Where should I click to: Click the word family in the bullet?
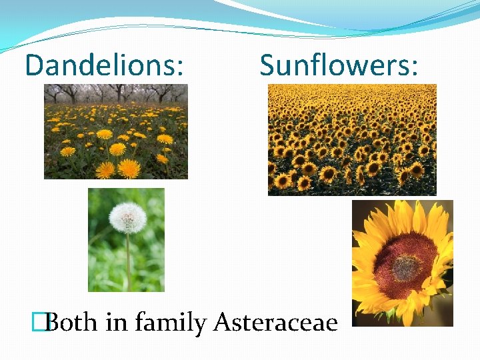point(171,323)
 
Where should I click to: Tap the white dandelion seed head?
point(127,217)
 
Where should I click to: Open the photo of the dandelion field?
point(116,131)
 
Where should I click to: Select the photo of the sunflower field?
point(352,139)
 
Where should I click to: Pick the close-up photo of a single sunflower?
point(402,263)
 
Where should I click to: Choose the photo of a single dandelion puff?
point(126,240)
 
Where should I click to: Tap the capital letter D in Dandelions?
point(34,65)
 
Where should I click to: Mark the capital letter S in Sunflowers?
point(267,65)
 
